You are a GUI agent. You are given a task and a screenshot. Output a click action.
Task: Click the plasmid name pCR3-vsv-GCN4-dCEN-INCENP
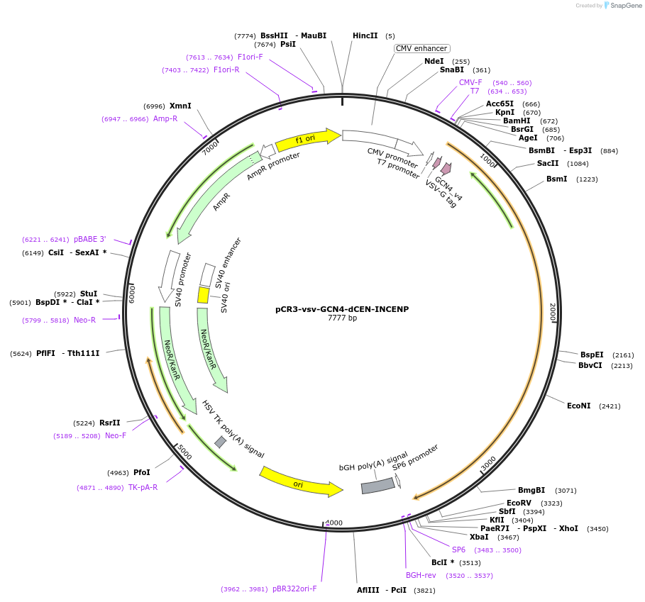[342, 309]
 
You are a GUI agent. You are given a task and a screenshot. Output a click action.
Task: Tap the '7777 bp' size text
[342, 318]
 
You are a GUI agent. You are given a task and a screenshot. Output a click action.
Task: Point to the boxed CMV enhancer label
[422, 48]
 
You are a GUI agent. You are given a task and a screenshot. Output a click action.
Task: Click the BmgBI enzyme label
[531, 490]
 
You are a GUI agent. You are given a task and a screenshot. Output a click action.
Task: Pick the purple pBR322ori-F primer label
[294, 589]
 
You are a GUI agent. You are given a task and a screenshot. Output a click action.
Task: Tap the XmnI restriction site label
[180, 106]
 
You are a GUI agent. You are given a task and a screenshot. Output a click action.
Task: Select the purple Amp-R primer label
[165, 118]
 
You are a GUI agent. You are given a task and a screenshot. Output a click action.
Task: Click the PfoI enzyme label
[142, 472]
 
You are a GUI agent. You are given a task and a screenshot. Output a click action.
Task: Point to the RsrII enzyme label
[110, 423]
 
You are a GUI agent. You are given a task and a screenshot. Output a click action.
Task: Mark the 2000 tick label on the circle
[553, 312]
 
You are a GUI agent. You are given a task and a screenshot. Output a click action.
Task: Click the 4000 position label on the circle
[333, 523]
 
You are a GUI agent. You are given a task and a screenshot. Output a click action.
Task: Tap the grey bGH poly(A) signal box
[377, 486]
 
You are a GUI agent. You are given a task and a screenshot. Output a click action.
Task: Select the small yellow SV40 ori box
[203, 295]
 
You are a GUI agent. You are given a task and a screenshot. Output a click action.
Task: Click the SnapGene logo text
[626, 6]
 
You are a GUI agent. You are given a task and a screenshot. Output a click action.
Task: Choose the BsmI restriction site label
[556, 179]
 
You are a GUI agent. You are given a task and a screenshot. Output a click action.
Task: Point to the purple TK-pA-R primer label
[143, 487]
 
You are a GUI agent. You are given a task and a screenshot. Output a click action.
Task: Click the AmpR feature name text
[221, 202]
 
